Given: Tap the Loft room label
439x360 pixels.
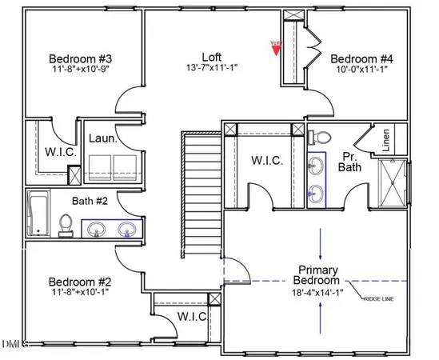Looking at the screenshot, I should (x=211, y=57).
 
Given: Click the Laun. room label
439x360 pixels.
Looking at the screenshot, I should (x=103, y=138).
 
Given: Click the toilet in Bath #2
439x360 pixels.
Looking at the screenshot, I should (x=66, y=225).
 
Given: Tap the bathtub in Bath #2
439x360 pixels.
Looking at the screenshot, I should (x=37, y=214).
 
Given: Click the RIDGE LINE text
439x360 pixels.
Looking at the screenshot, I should (x=379, y=298).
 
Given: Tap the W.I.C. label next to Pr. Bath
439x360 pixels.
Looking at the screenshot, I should (x=267, y=160).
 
